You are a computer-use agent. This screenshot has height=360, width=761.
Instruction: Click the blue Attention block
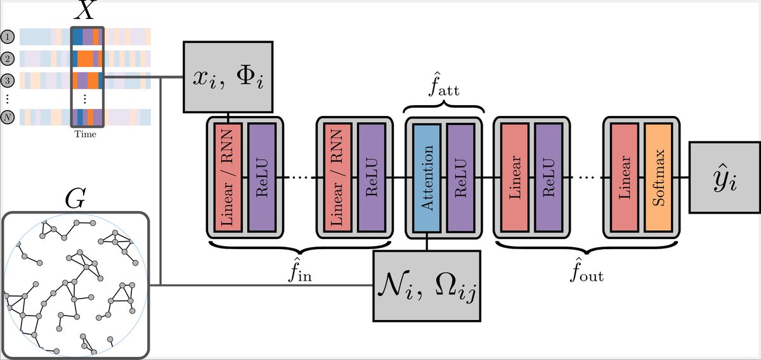click(x=426, y=177)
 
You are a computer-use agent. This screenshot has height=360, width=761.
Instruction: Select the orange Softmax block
click(x=658, y=177)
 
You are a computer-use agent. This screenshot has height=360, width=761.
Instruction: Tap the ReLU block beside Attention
click(x=460, y=177)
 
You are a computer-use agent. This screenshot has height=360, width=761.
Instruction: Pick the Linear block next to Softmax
click(x=624, y=177)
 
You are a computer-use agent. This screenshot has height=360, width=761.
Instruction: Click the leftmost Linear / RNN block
click(x=228, y=177)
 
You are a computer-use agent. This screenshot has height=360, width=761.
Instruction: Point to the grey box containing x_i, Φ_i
click(x=228, y=77)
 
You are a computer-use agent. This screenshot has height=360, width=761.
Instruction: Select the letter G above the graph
click(x=75, y=199)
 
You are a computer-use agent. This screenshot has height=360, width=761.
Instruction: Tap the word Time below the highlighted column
click(x=86, y=134)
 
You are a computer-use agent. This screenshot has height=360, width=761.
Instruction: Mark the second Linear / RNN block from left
click(x=337, y=177)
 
